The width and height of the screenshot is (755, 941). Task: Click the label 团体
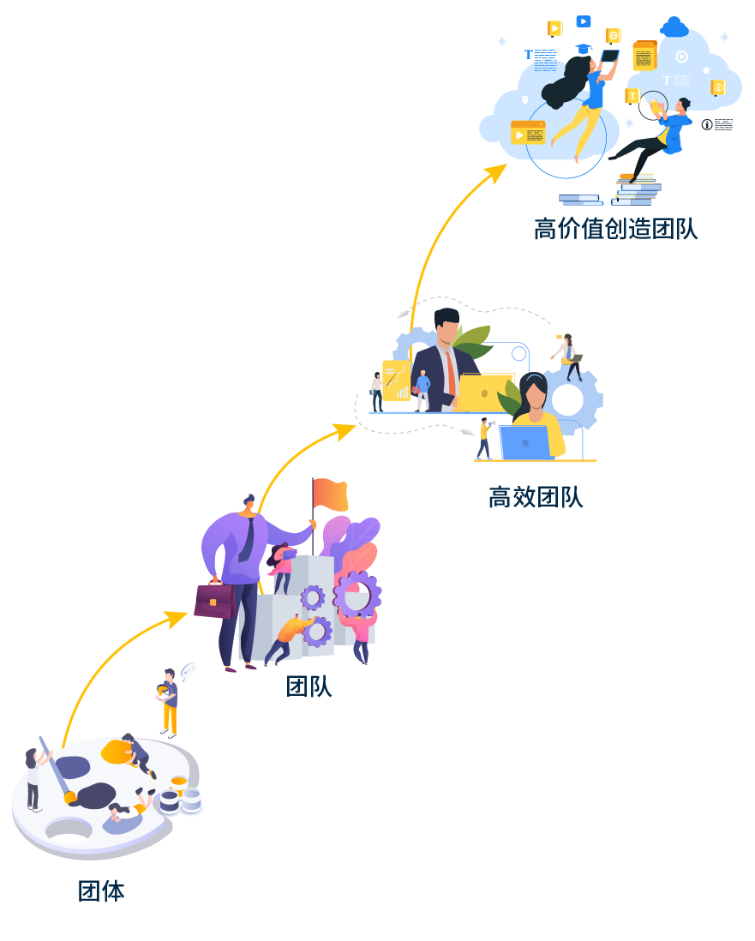101,891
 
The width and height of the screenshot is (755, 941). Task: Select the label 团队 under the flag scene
309,686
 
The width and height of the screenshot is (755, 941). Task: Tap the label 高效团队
536,497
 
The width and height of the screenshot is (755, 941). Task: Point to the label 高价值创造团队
615,229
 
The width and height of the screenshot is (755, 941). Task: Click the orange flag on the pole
331,494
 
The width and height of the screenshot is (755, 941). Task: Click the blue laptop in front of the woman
526,442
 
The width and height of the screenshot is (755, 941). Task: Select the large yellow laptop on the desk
485,393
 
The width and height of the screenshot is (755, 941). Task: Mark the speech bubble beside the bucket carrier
188,670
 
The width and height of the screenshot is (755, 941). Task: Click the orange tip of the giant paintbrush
70,797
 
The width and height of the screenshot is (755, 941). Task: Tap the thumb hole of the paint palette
69,829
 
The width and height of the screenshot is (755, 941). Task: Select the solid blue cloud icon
675,27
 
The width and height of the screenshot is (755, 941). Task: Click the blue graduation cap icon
584,49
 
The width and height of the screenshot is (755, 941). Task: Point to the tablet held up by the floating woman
609,57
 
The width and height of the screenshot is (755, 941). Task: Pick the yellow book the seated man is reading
657,108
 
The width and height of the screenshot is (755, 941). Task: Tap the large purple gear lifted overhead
357,593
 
